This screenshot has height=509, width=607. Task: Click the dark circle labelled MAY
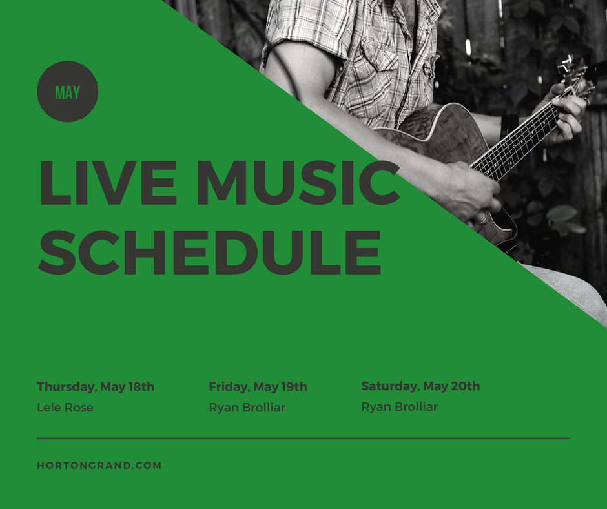[68, 92]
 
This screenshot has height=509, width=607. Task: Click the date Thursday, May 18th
[96, 387]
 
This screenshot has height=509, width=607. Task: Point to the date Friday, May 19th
[258, 387]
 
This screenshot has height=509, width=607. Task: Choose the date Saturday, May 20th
[420, 386]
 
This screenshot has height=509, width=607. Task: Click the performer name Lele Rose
[65, 408]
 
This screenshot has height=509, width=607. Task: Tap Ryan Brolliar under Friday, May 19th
[247, 408]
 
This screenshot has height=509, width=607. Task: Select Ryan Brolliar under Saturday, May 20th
[399, 407]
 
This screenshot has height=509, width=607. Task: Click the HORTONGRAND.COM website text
[99, 465]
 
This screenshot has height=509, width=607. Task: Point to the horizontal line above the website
[303, 439]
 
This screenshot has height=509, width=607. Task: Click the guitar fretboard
[517, 142]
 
